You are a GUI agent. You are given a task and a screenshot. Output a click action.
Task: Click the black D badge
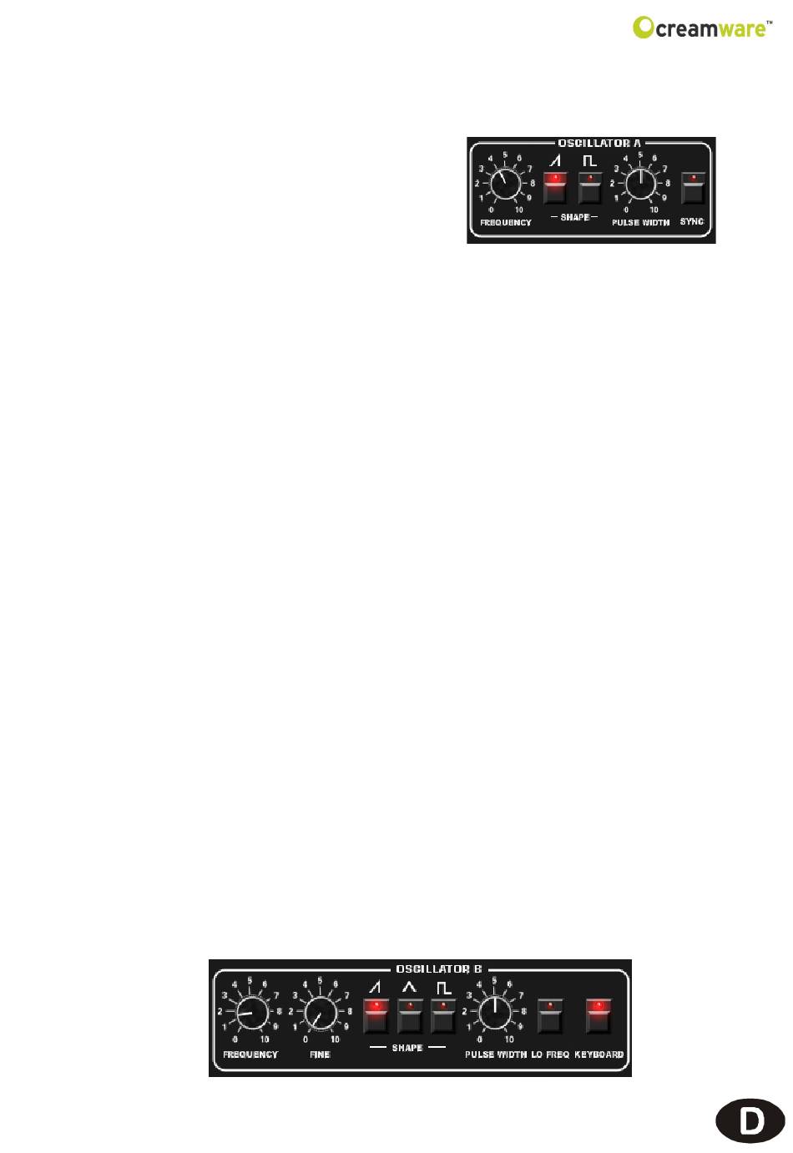pyautogui.click(x=751, y=1120)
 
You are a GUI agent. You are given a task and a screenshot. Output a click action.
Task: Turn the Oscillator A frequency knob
pyautogui.click(x=504, y=183)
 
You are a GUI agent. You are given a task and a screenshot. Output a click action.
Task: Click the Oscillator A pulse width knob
pyautogui.click(x=640, y=183)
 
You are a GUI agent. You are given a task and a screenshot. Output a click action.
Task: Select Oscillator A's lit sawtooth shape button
pyautogui.click(x=554, y=188)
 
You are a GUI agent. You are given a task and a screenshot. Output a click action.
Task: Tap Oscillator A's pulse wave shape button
pyautogui.click(x=590, y=188)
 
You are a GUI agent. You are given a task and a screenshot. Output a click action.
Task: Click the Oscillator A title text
pyautogui.click(x=593, y=143)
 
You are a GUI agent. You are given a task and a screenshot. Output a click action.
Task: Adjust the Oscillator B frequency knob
pyautogui.click(x=249, y=1014)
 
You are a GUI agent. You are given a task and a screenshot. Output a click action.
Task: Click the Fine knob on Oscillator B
pyautogui.click(x=318, y=1014)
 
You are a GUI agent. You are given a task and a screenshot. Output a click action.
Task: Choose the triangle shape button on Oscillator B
pyautogui.click(x=409, y=1016)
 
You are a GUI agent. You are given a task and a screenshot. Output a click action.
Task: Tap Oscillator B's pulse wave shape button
pyautogui.click(x=443, y=1016)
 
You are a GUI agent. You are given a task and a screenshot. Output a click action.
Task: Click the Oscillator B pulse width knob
pyautogui.click(x=494, y=1014)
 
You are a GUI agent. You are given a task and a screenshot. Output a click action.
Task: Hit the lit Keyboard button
pyautogui.click(x=599, y=1016)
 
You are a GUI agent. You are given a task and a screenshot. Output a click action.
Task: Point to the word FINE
pyautogui.click(x=320, y=1054)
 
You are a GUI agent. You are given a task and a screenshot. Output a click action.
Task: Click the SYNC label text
pyautogui.click(x=692, y=221)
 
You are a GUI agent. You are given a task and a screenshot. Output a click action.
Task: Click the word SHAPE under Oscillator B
pyautogui.click(x=407, y=1047)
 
